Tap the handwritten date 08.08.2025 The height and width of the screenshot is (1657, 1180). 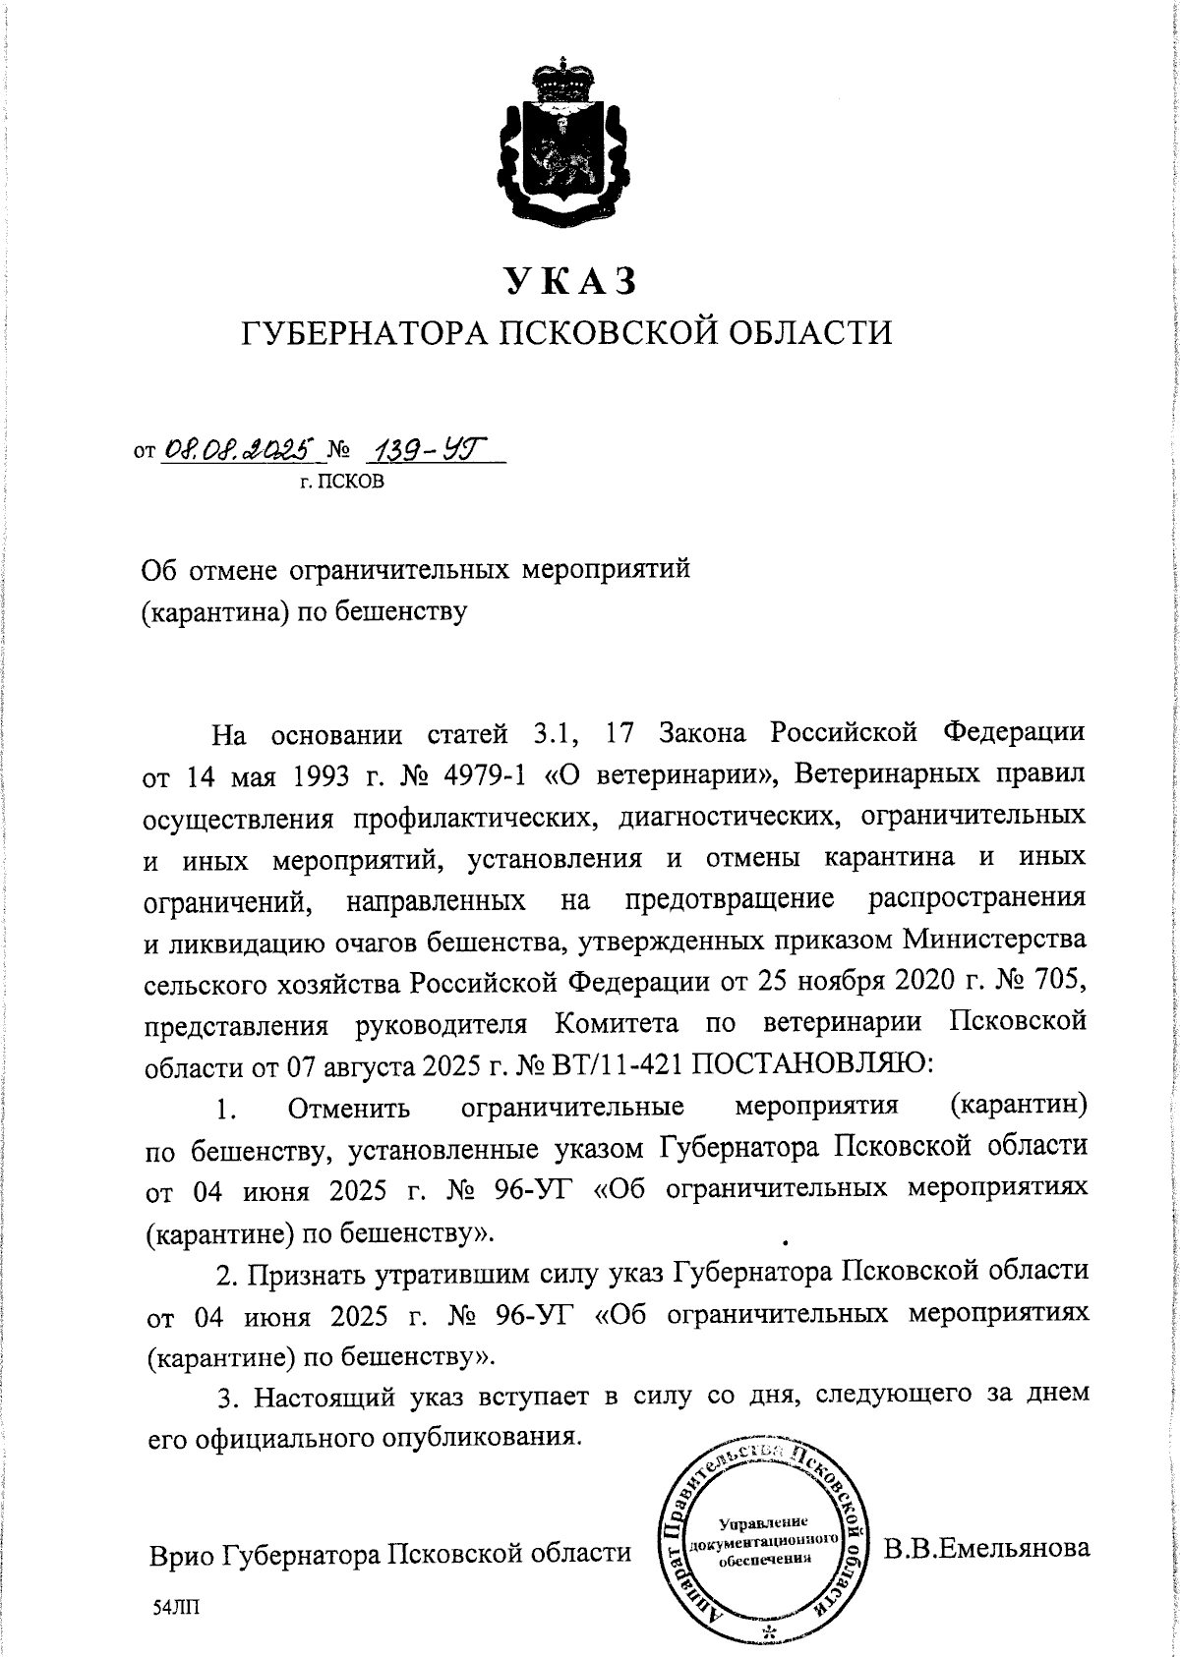pos(240,451)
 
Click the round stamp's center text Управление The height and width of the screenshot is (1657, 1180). pos(764,1523)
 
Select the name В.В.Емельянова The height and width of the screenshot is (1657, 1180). pos(986,1550)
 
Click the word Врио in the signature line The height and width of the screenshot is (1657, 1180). pos(181,1555)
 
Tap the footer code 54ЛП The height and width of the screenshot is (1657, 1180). pos(175,1609)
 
